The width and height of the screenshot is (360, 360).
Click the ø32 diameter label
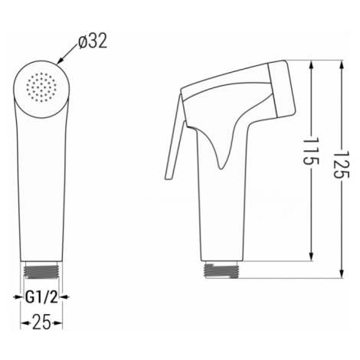[93, 41]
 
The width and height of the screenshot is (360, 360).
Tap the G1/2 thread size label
[41, 296]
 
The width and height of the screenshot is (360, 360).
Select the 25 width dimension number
[41, 323]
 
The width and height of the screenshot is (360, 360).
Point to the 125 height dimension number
[342, 164]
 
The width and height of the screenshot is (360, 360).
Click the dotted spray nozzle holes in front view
[41, 87]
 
